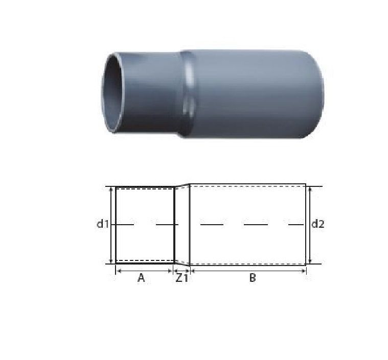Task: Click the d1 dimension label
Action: (x=103, y=224)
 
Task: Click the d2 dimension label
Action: (x=318, y=224)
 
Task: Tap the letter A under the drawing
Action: (x=141, y=278)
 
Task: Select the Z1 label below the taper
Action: (x=182, y=278)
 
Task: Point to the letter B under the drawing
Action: (x=253, y=278)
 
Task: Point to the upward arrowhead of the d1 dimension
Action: (x=111, y=189)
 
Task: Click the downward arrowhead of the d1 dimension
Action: (x=111, y=261)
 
